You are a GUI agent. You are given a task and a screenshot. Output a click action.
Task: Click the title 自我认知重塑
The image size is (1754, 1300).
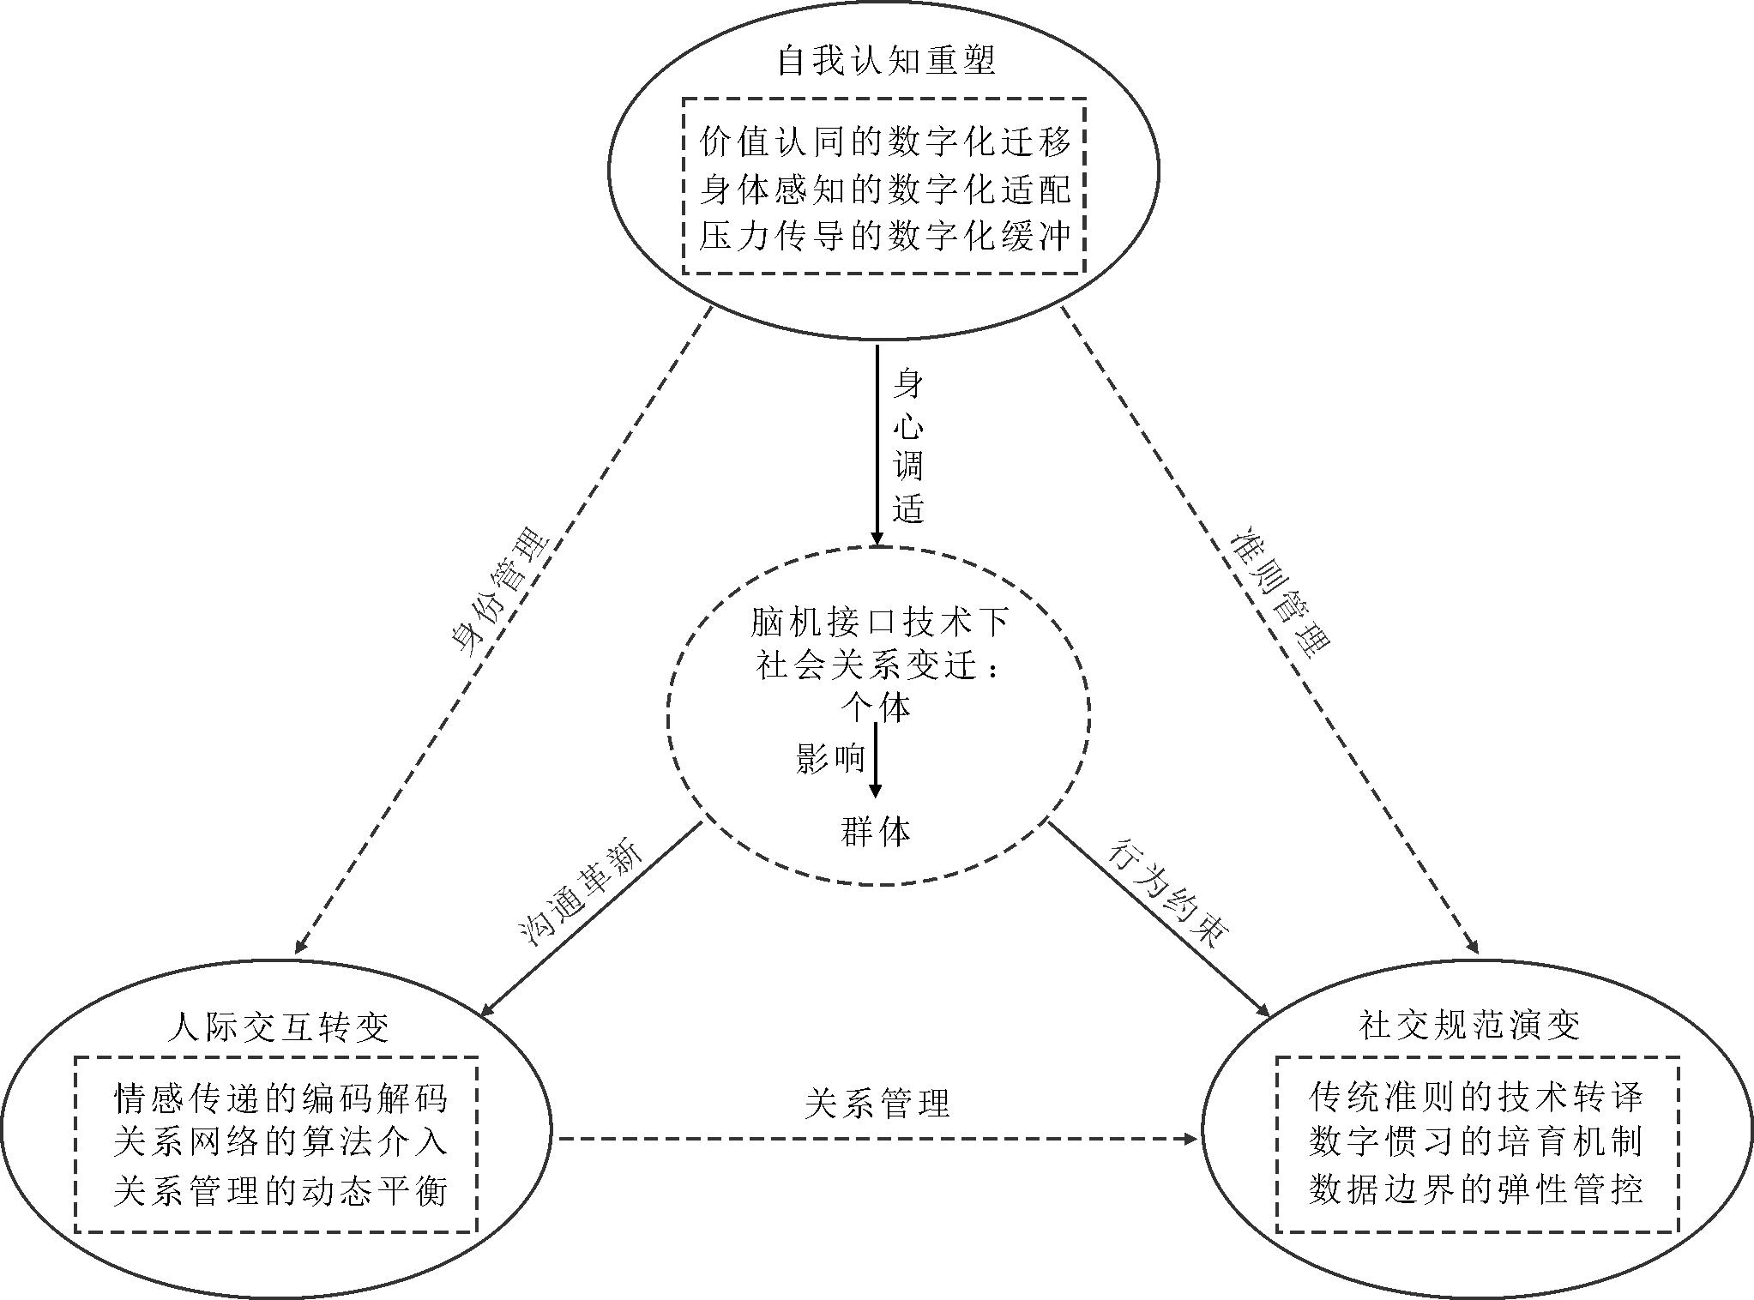pyautogui.click(x=885, y=61)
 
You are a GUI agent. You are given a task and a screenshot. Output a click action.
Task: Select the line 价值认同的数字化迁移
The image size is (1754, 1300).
pyautogui.click(x=885, y=142)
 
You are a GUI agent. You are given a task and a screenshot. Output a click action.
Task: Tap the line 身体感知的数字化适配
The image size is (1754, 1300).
pyautogui.click(x=885, y=190)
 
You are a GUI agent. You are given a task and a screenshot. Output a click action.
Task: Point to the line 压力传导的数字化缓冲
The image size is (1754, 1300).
pyautogui.click(x=885, y=236)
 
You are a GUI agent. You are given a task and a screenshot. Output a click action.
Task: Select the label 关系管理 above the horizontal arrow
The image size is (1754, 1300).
pyautogui.click(x=877, y=1103)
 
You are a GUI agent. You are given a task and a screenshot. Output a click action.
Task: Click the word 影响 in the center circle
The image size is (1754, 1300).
pyautogui.click(x=829, y=758)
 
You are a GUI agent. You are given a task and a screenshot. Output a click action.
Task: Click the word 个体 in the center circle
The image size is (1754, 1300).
pyautogui.click(x=876, y=707)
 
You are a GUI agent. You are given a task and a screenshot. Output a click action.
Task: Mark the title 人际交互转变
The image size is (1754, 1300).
pyautogui.click(x=280, y=1026)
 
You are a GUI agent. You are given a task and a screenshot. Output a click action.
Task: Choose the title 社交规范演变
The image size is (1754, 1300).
pyautogui.click(x=1470, y=1025)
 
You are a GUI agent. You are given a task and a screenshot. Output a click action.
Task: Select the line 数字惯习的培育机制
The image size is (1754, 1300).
pyautogui.click(x=1476, y=1142)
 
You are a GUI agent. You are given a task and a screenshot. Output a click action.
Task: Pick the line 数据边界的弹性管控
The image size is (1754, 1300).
pyautogui.click(x=1476, y=1189)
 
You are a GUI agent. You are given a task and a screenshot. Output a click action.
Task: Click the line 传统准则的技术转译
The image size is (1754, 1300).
pyautogui.click(x=1476, y=1096)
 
